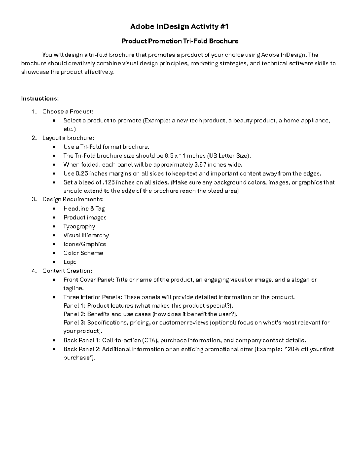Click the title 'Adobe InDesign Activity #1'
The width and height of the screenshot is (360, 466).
(x=179, y=27)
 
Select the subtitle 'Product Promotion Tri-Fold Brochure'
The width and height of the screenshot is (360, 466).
(x=180, y=41)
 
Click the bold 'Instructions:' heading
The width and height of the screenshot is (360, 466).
(x=40, y=98)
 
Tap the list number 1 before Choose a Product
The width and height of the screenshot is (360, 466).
(x=34, y=112)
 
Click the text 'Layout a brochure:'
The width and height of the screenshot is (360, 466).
(x=68, y=138)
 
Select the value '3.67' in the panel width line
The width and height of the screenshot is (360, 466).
(x=200, y=164)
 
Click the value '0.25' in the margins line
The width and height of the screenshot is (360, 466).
(x=82, y=173)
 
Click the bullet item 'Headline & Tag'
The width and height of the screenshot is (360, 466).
(x=84, y=209)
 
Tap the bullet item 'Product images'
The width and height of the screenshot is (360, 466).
(x=85, y=218)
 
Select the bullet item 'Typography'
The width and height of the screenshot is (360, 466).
(x=79, y=227)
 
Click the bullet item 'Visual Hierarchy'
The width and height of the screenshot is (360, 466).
(x=86, y=235)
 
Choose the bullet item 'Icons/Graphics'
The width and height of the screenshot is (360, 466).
(x=85, y=244)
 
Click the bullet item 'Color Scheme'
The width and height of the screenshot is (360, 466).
(x=83, y=253)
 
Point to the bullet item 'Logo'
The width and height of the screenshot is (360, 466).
(x=70, y=262)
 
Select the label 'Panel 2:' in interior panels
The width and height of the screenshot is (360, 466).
(x=74, y=314)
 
